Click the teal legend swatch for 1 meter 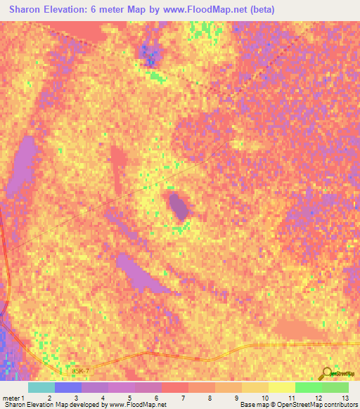[41, 387]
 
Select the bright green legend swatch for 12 [308, 387]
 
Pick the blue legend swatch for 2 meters [68, 387]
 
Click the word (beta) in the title [260, 10]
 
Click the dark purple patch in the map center [179, 207]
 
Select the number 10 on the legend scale [264, 398]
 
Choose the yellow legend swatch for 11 [281, 387]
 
